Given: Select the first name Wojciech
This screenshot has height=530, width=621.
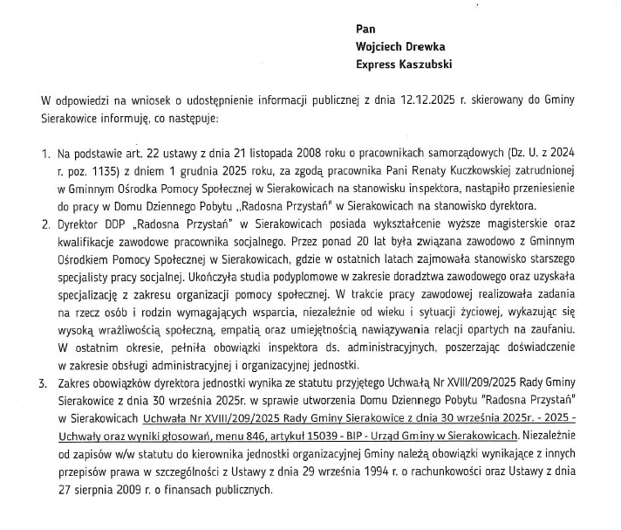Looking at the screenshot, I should click(382, 46).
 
